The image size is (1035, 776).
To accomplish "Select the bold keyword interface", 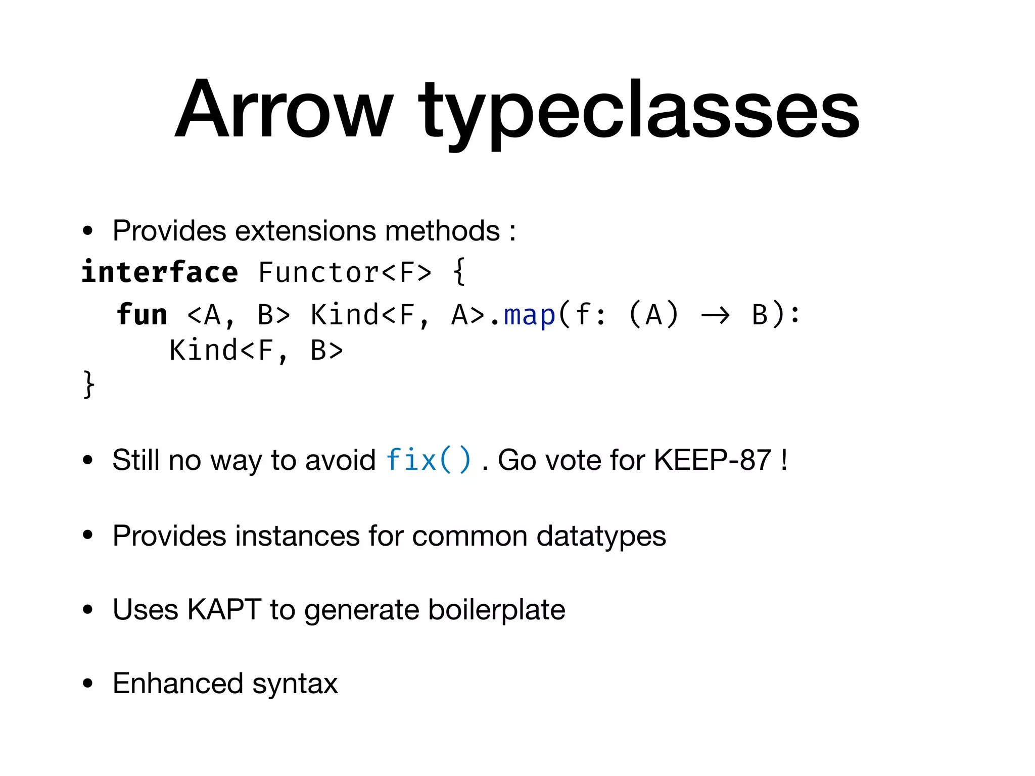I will tap(160, 272).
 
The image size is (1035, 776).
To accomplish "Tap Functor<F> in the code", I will tap(345, 272).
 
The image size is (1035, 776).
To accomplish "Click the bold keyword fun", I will tap(142, 315).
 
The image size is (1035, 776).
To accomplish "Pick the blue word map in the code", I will tap(530, 315).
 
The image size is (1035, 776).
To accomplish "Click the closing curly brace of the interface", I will tap(88, 384).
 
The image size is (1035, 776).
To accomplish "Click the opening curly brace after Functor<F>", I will tap(459, 272).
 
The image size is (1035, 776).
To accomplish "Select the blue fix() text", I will tap(429, 460).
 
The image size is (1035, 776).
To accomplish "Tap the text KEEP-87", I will tap(712, 460).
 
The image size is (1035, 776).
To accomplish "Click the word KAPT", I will tap(224, 609).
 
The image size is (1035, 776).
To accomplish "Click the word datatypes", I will tap(601, 536).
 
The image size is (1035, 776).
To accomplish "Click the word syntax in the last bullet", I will tap(295, 684).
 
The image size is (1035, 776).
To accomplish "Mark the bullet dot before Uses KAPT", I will tap(88, 610).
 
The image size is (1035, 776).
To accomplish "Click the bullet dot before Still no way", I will tap(88, 460).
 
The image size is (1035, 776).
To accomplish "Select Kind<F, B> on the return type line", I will tap(256, 350).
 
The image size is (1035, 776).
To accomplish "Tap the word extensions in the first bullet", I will tap(306, 231).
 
